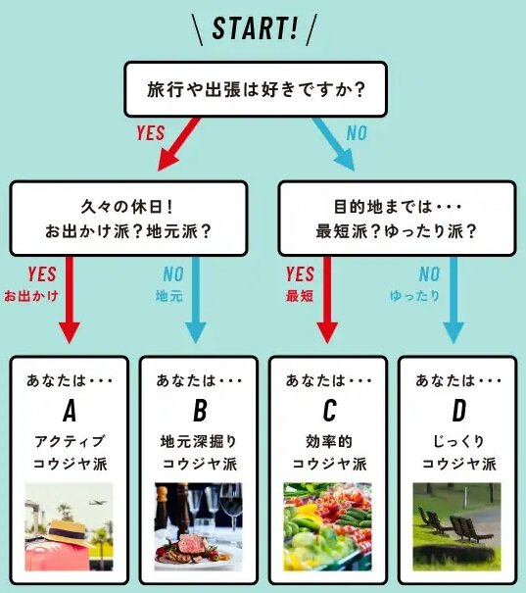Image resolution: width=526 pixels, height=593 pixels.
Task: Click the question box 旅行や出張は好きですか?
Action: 256,89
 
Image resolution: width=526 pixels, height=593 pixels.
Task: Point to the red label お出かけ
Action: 31,295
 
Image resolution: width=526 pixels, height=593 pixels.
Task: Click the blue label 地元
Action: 168,295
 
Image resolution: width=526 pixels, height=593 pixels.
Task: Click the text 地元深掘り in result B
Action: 198,441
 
